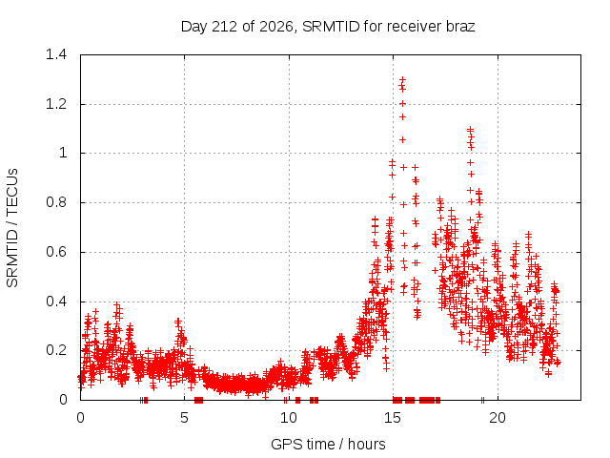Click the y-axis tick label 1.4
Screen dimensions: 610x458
pos(56,54)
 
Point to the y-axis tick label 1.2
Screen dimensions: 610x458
pos(56,104)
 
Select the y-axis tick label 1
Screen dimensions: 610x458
pos(63,153)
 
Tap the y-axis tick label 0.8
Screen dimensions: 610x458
pos(56,202)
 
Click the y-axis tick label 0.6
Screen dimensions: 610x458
pos(56,252)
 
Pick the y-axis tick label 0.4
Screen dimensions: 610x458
pos(56,302)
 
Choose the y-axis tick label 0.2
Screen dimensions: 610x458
pos(56,350)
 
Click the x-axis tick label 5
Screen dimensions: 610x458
pos(184,418)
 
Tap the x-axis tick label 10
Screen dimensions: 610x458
pos(289,418)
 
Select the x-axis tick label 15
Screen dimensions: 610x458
pos(393,418)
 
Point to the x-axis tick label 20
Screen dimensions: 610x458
pos(498,418)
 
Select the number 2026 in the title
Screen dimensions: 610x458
pos(276,27)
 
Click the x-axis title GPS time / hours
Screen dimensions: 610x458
pos(328,444)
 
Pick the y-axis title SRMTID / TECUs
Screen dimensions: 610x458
pos(12,228)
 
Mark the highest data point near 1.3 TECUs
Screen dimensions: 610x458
pos(402,79)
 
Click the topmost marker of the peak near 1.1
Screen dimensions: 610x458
pos(470,129)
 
